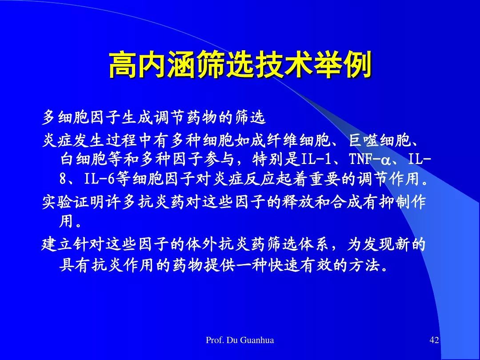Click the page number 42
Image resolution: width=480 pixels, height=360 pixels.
pyautogui.click(x=434, y=340)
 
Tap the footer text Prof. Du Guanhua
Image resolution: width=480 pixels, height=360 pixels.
pyautogui.click(x=240, y=340)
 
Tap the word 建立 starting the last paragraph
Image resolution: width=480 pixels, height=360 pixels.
pyautogui.click(x=57, y=244)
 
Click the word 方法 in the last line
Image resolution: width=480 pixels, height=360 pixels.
pyautogui.click(x=364, y=265)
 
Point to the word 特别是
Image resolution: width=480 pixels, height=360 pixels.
pyautogui.click(x=276, y=159)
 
